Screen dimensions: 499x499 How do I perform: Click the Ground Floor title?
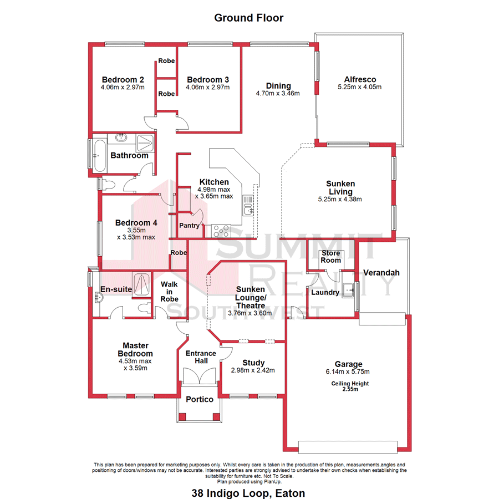(x=249, y=18)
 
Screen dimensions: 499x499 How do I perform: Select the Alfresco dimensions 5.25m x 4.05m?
(x=360, y=87)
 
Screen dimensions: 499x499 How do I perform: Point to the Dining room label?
(x=278, y=86)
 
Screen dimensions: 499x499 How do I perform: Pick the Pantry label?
(x=189, y=226)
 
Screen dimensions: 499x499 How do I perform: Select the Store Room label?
(x=331, y=257)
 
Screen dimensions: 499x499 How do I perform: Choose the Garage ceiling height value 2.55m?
(x=350, y=389)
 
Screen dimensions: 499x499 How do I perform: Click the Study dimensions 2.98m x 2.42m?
(x=253, y=371)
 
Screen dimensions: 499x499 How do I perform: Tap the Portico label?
(x=200, y=400)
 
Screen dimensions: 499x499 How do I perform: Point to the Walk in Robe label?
(x=169, y=292)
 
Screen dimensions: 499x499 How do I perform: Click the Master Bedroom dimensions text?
(x=135, y=364)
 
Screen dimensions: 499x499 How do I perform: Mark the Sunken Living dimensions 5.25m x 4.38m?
(x=340, y=200)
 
